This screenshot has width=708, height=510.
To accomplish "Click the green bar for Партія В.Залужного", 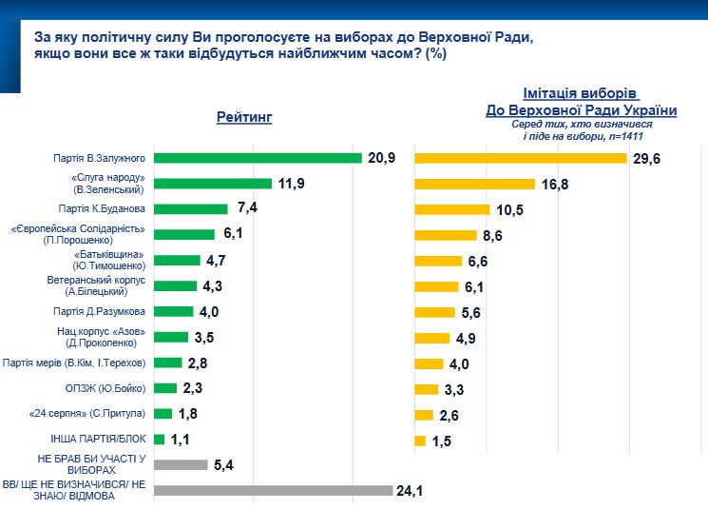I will [258, 157].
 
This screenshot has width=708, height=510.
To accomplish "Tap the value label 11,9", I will [291, 183].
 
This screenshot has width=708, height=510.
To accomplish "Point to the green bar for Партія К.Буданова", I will [190, 208].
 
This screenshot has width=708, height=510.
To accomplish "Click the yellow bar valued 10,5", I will [451, 208].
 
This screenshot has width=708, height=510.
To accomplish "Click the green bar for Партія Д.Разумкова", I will [173, 311].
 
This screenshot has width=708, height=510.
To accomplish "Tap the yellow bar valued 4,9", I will [434, 337].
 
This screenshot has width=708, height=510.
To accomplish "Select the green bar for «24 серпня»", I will [163, 414].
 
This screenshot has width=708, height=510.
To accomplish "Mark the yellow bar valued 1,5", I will [420, 440].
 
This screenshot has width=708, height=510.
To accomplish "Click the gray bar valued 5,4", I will [180, 465].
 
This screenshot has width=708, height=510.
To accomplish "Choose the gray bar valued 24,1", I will [273, 491].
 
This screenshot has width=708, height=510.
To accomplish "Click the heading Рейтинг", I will [244, 117].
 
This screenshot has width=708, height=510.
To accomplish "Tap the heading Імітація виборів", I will [582, 94].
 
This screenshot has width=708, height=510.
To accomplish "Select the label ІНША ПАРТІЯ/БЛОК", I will [98, 440].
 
